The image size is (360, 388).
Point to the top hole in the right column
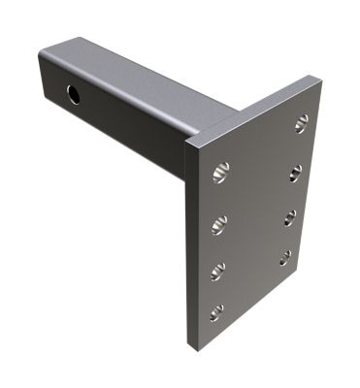[302, 122]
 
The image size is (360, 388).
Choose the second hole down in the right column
[296, 173]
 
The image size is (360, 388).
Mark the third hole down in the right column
[290, 216]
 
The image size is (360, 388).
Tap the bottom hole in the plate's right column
[285, 257]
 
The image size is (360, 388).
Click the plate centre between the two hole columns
[254, 218]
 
